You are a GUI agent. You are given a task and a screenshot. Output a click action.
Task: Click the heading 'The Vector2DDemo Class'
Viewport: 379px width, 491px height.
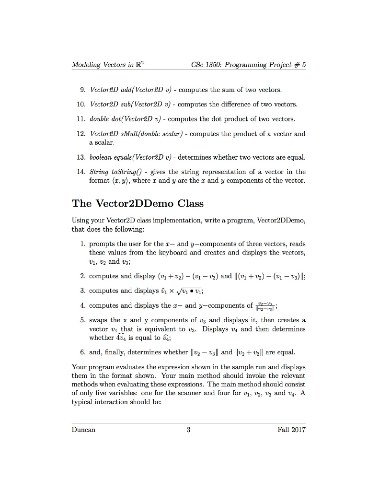[x=138, y=203]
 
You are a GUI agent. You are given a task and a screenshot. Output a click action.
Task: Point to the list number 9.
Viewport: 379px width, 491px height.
[x=82, y=90]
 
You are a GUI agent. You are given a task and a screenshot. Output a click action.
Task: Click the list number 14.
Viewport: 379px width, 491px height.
[x=80, y=172]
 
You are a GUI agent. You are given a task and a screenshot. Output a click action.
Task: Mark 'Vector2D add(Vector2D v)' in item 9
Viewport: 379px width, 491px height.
[x=127, y=90]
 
